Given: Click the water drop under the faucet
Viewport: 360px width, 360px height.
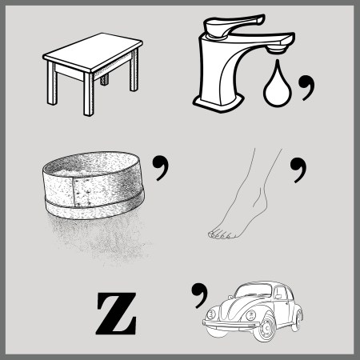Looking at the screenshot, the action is (278, 86).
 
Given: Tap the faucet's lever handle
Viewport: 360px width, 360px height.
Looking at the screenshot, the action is (232, 25).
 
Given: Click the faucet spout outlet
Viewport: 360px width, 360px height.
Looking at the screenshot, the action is (277, 50).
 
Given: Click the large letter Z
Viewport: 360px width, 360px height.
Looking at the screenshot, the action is (116, 314).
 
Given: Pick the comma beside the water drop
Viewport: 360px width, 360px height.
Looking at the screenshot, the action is (306, 87).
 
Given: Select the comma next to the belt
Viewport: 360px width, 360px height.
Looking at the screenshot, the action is (161, 168).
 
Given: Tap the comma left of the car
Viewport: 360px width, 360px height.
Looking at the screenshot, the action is (199, 295).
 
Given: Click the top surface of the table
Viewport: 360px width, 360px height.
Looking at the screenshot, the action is (93, 52).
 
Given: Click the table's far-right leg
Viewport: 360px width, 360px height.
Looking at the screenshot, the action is (134, 70).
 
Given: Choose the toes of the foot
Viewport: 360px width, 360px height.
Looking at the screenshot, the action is (220, 234).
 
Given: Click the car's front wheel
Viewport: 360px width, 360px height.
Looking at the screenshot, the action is (265, 328).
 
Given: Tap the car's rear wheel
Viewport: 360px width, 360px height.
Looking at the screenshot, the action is (297, 320).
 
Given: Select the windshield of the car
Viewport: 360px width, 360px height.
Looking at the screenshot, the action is (254, 290).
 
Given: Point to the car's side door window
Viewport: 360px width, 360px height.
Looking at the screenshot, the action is (280, 293).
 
